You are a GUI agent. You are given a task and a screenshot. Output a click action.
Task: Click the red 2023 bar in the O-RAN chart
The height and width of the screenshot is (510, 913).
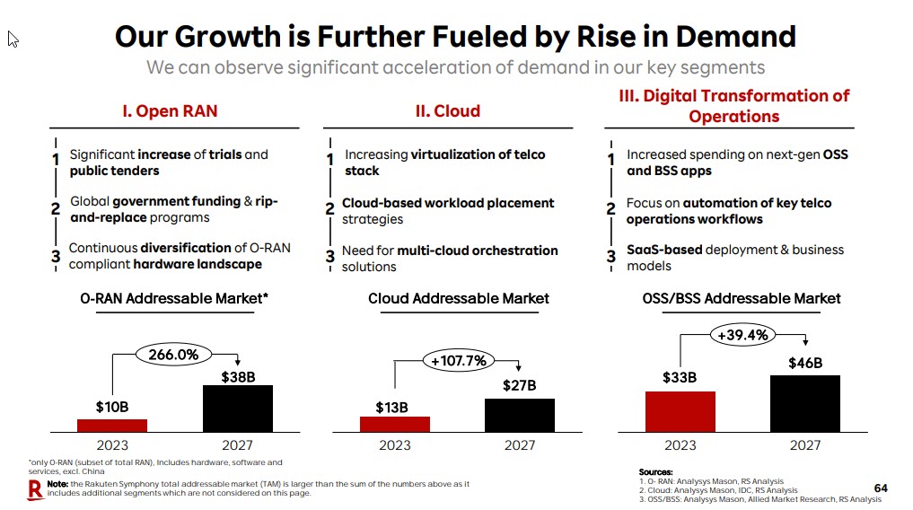pyautogui.click(x=112, y=426)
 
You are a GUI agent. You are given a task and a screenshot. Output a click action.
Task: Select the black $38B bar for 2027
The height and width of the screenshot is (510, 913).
pyautogui.click(x=237, y=409)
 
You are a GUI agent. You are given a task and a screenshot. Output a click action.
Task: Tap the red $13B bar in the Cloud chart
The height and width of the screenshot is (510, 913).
pyautogui.click(x=395, y=424)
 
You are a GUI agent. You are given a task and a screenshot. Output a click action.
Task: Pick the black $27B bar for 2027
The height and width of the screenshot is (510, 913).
pyautogui.click(x=520, y=415)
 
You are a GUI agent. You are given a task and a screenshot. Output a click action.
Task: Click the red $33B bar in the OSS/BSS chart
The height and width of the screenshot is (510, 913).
pyautogui.click(x=680, y=411)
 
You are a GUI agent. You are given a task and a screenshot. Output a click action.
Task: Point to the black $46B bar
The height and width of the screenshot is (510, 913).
pyautogui.click(x=805, y=403)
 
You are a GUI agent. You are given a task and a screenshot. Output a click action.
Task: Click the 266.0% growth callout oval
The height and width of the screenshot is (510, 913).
pyautogui.click(x=173, y=355)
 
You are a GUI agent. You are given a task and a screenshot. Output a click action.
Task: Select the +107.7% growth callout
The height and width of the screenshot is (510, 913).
pyautogui.click(x=459, y=361)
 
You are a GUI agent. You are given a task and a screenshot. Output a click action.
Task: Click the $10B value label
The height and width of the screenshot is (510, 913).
pyautogui.click(x=112, y=408)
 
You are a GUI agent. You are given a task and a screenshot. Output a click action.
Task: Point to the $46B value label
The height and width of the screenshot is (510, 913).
pyautogui.click(x=805, y=364)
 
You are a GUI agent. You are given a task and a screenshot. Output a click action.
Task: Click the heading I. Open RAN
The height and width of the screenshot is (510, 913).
pyautogui.click(x=170, y=111)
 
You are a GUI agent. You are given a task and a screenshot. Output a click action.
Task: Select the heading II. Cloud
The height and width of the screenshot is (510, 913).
pyautogui.click(x=448, y=111)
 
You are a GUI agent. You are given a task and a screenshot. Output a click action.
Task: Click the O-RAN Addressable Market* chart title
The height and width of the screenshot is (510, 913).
pyautogui.click(x=174, y=298)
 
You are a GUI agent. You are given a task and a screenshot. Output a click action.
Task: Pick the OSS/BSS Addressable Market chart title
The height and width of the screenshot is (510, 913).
pyautogui.click(x=742, y=298)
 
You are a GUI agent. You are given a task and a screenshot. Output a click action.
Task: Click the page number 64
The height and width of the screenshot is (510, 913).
pyautogui.click(x=881, y=488)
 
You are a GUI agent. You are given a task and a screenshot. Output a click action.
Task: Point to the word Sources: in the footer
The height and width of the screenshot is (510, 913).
pyautogui.click(x=655, y=472)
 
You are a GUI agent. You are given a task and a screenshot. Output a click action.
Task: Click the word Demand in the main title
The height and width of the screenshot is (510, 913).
pyautogui.click(x=735, y=37)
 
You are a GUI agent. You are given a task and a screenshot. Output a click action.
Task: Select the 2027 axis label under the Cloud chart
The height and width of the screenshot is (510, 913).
pyautogui.click(x=520, y=444)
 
